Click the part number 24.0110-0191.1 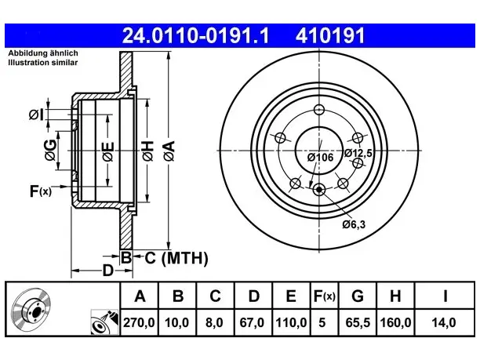click(x=195, y=35)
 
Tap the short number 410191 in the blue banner click(x=330, y=35)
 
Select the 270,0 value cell click(x=139, y=322)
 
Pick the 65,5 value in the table click(x=358, y=322)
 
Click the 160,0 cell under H click(x=395, y=322)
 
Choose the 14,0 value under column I click(x=444, y=322)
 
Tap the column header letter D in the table click(x=254, y=296)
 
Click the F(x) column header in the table click(x=325, y=296)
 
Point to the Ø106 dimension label click(x=320, y=157)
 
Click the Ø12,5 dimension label click(x=358, y=152)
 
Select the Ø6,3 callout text click(x=354, y=224)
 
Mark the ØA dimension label click(x=169, y=151)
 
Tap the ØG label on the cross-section click(x=51, y=150)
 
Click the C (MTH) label click(x=176, y=258)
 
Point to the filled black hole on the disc click(x=319, y=190)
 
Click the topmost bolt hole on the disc click(x=319, y=109)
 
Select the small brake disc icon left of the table click(x=31, y=309)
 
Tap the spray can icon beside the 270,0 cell click(x=104, y=322)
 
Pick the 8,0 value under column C click(x=214, y=322)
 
